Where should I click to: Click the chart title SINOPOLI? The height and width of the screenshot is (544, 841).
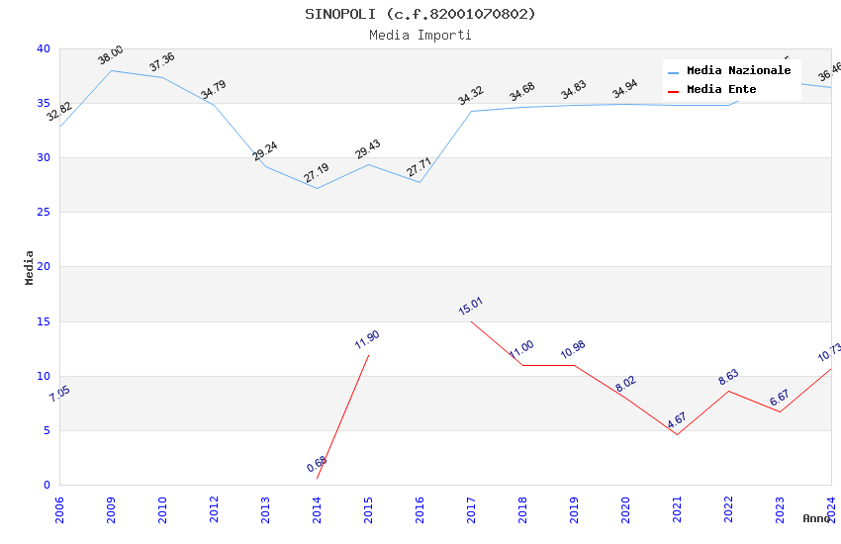click(x=420, y=14)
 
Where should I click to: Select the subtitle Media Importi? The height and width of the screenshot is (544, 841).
click(x=420, y=35)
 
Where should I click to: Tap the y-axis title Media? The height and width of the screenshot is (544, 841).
click(x=30, y=267)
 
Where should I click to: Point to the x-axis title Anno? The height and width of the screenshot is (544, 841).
click(x=816, y=518)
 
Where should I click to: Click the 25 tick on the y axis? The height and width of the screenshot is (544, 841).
click(x=44, y=213)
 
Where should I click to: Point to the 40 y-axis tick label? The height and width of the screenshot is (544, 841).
click(x=44, y=48)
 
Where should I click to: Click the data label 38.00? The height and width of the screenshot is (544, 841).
click(x=111, y=55)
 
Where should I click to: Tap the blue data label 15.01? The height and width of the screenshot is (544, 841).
click(x=471, y=307)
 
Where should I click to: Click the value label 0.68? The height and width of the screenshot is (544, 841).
click(x=317, y=464)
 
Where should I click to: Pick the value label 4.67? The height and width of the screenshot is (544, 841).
click(x=677, y=419)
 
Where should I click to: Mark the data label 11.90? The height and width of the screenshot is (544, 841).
click(x=367, y=340)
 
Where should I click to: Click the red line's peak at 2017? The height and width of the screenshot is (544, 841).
click(x=471, y=321)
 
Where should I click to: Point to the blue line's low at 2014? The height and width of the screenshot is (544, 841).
click(x=317, y=188)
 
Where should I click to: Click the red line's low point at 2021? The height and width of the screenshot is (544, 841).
click(x=677, y=434)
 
